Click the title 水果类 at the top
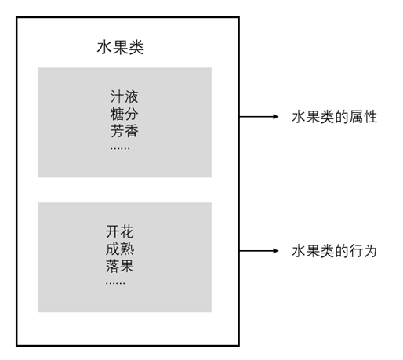[x=121, y=48]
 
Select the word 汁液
[x=125, y=96]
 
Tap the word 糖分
[x=125, y=114]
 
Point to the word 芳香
[x=125, y=131]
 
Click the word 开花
[x=120, y=231]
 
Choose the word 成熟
[x=120, y=249]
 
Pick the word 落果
[x=120, y=266]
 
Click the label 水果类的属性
[x=335, y=117]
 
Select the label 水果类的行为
[x=334, y=251]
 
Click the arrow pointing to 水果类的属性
[x=259, y=117]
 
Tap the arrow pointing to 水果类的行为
[x=259, y=251]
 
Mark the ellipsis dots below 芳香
[x=120, y=148]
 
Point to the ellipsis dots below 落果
[x=115, y=283]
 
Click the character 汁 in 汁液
[x=117, y=96]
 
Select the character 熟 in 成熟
[x=127, y=249]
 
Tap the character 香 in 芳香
[x=132, y=131]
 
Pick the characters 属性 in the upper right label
[x=363, y=117]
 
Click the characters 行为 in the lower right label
[x=363, y=251]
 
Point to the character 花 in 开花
[x=127, y=231]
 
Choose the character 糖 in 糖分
[x=117, y=114]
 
